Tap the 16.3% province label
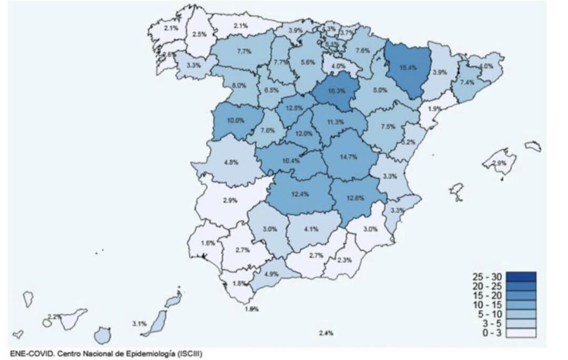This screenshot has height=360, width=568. (336, 90)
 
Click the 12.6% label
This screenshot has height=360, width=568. (357, 198)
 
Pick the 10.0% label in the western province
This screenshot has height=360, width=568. (235, 120)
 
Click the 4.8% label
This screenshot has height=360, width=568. (231, 162)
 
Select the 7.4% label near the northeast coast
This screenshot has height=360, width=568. (467, 83)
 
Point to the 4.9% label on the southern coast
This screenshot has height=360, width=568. (271, 274)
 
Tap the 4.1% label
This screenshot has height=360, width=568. (311, 229)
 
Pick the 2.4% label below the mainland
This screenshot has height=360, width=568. (326, 333)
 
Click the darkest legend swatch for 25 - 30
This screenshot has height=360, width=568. (521, 276)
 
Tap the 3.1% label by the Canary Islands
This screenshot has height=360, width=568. (139, 324)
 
